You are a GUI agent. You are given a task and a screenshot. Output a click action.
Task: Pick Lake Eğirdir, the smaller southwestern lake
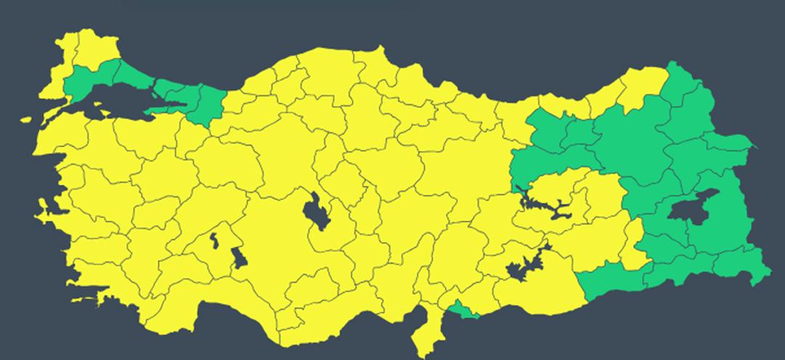pyautogui.click(x=214, y=239)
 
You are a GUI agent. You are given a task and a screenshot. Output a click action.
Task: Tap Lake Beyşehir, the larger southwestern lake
pyautogui.click(x=238, y=258)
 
